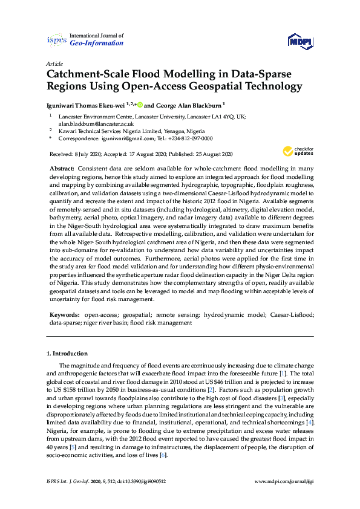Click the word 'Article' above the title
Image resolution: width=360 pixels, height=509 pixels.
(x=54, y=63)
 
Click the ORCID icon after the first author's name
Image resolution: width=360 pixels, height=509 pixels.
(x=140, y=104)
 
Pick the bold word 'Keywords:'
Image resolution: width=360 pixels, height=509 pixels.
(x=65, y=315)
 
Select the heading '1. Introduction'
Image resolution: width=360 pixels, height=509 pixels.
(x=67, y=353)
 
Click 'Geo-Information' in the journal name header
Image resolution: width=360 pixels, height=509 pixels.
(x=97, y=44)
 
